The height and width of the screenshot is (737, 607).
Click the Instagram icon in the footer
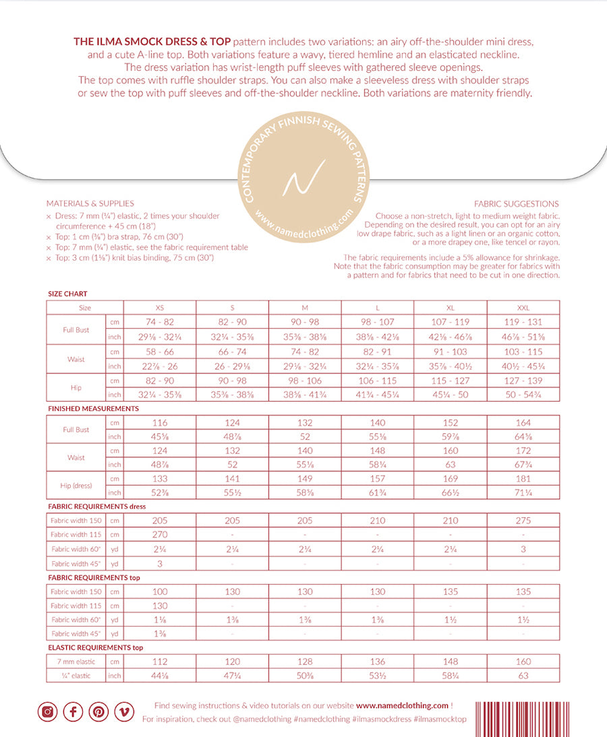click(x=47, y=711)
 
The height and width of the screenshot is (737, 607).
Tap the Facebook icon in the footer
click(x=73, y=711)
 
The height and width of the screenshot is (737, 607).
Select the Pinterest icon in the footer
click(x=98, y=711)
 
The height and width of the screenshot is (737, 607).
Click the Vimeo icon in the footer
click(x=124, y=711)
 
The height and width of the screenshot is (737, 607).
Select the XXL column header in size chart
click(x=523, y=307)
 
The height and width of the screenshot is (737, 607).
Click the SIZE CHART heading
click(x=67, y=294)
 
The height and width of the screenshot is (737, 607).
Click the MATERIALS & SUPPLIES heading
click(x=90, y=203)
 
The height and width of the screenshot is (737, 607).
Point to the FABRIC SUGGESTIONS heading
click(x=516, y=203)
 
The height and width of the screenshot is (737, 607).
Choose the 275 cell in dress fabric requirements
click(x=523, y=521)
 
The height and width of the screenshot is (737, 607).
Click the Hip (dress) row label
click(x=76, y=486)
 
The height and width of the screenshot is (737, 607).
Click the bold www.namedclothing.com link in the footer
click(x=402, y=705)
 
